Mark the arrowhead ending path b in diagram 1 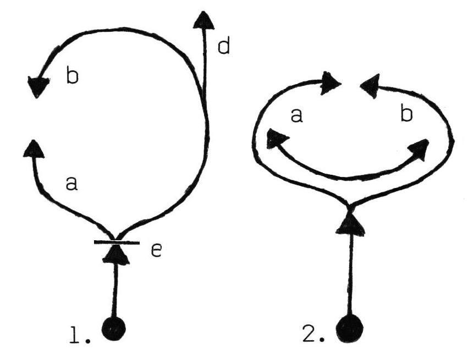[38, 86]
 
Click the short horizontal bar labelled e [116, 242]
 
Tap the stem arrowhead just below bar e [116, 254]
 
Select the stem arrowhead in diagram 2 [350, 224]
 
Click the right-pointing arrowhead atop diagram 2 [332, 83]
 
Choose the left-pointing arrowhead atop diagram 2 [370, 84]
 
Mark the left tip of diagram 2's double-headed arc [274, 138]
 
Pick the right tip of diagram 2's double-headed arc [420, 148]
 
